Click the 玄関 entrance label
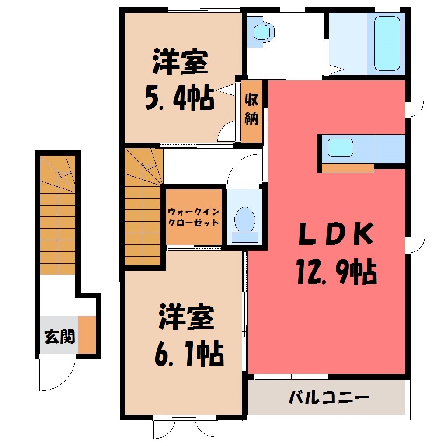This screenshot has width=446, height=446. (60, 337)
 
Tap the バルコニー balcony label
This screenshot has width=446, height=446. (329, 397)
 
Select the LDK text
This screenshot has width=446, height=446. (336, 234)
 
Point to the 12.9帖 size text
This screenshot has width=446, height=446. (337, 272)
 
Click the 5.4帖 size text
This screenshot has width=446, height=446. (180, 97)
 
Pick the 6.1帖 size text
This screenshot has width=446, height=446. (189, 353)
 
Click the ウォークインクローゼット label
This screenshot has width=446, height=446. (193, 217)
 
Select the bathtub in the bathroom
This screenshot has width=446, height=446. (387, 43)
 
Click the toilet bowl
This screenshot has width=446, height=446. (244, 220)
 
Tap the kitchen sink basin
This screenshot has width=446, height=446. (340, 147)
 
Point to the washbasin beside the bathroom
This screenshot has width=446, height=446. (261, 32)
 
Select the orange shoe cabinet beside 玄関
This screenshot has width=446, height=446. (87, 335)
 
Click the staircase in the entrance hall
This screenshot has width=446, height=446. (58, 215)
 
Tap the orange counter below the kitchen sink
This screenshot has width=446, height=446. (348, 168)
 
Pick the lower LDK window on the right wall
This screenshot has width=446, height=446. (415, 244)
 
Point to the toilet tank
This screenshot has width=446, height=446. (244, 237)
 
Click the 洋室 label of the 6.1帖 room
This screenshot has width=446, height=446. (187, 317)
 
